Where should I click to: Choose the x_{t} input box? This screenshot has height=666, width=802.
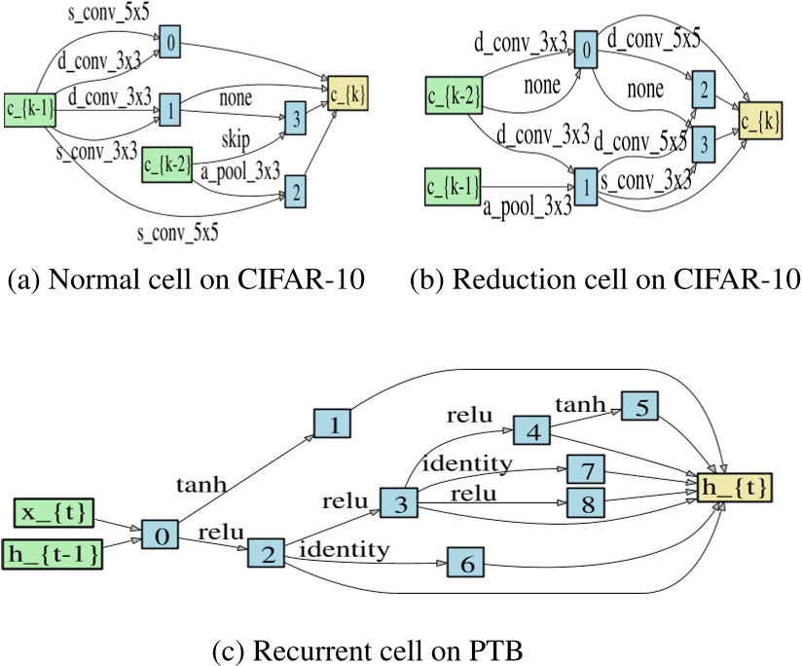[60, 512]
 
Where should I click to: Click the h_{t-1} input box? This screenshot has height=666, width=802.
[60, 553]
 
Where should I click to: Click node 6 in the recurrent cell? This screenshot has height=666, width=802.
[465, 564]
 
